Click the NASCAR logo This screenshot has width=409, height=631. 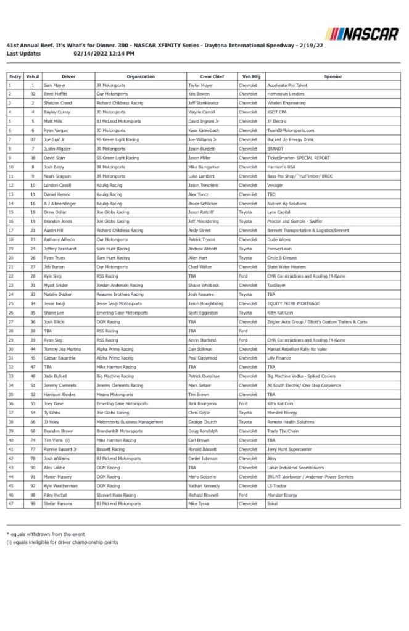(x=362, y=33)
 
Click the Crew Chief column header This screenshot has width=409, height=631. (x=212, y=76)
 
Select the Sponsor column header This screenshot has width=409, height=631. (x=333, y=76)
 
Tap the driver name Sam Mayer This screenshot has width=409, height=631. (x=55, y=85)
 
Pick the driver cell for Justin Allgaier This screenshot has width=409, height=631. (x=59, y=149)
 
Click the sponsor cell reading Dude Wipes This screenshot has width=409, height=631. (x=279, y=240)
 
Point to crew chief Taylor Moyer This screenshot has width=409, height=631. (x=200, y=85)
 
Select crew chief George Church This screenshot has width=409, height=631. (x=203, y=422)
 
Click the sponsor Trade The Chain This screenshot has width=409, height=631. (x=283, y=431)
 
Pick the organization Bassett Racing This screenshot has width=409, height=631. (x=110, y=450)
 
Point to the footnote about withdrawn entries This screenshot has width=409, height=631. (x=46, y=534)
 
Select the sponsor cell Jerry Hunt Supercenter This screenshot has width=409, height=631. (x=289, y=450)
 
